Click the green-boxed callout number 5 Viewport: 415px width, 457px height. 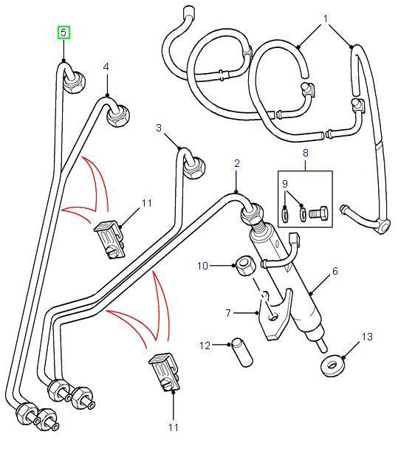[x=64, y=32]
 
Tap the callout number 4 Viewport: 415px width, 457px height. [x=106, y=67]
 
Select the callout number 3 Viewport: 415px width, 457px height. [x=158, y=128]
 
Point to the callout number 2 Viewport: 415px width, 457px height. [x=237, y=163]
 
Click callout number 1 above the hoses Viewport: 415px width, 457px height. [x=326, y=16]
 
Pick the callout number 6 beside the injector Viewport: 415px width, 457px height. [x=335, y=272]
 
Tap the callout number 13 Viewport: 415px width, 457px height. [x=367, y=337]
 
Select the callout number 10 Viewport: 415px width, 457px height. [x=203, y=264]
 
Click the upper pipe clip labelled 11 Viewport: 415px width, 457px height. [x=109, y=238]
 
